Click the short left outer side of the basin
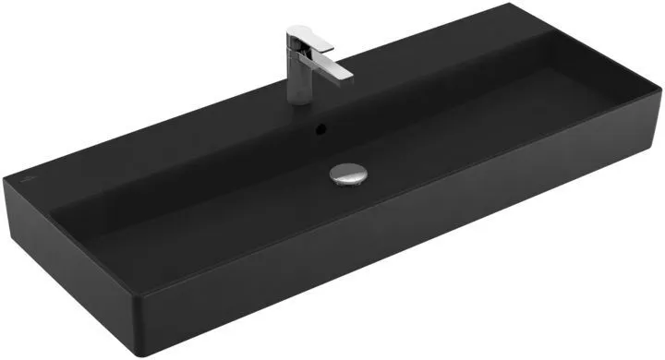65,263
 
